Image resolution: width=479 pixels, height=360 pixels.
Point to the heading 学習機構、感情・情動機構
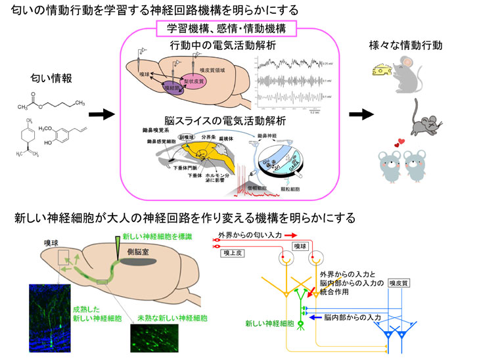pyautogui.click(x=226, y=29)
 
